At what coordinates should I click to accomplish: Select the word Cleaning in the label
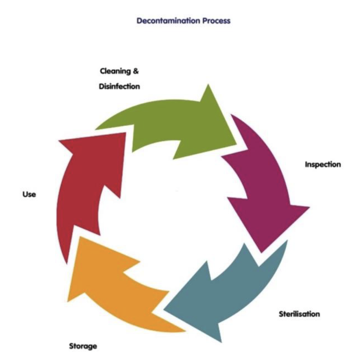114,71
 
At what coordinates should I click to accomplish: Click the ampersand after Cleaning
135,71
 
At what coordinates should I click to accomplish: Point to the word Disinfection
119,86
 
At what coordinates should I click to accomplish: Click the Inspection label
323,164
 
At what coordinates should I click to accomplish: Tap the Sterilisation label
299,314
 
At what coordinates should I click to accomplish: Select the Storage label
83,346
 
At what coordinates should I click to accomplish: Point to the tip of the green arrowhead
236,144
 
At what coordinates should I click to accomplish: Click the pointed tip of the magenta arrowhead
262,252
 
